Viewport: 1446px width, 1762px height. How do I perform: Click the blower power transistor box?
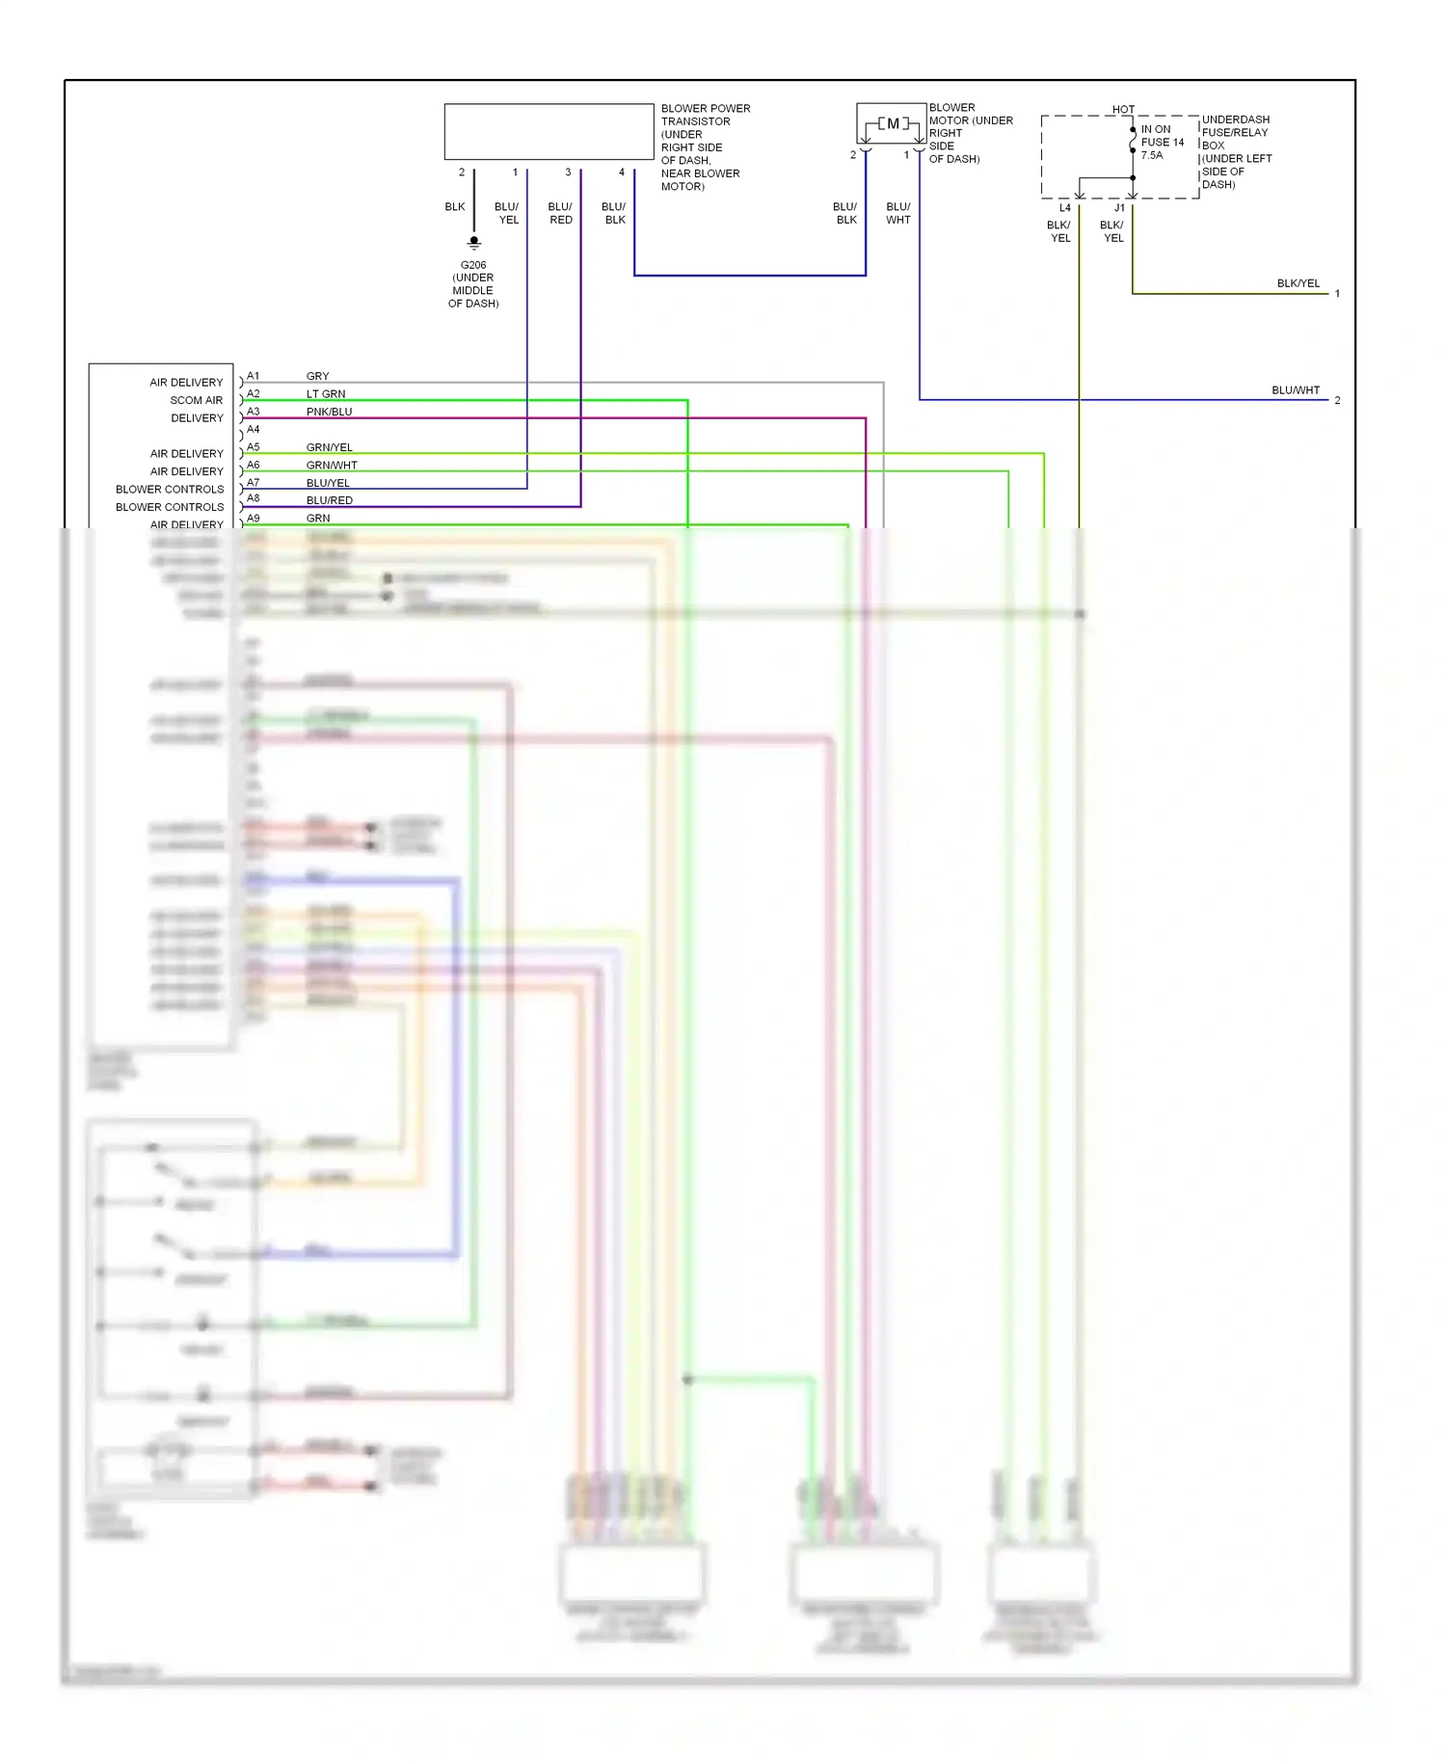pyautogui.click(x=549, y=131)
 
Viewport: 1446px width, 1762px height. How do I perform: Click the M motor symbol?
pyautogui.click(x=893, y=123)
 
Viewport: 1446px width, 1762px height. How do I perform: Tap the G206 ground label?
pyautogui.click(x=473, y=265)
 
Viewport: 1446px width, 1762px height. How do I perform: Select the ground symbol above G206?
pyautogui.click(x=473, y=242)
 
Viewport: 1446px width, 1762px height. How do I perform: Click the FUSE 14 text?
pyautogui.click(x=1163, y=142)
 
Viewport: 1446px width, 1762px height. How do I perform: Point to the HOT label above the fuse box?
pyautogui.click(x=1123, y=109)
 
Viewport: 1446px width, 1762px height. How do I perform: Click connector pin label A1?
pyautogui.click(x=253, y=376)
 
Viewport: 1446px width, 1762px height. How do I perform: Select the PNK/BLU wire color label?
pyautogui.click(x=329, y=412)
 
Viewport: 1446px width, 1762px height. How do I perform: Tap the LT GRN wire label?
pyautogui.click(x=326, y=393)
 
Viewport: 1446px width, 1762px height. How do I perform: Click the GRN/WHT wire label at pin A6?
pyautogui.click(x=332, y=465)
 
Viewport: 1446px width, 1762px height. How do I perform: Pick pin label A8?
pyautogui.click(x=253, y=498)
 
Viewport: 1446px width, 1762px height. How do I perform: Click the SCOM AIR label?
pyautogui.click(x=196, y=400)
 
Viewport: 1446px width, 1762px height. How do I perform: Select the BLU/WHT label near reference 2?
pyautogui.click(x=1295, y=390)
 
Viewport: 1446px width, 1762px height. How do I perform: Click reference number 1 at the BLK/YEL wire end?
pyautogui.click(x=1337, y=293)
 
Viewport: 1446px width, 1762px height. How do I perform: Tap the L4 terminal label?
pyautogui.click(x=1064, y=208)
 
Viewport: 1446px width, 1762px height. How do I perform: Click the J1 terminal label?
pyautogui.click(x=1119, y=208)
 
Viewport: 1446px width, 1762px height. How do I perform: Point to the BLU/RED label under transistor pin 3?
pyautogui.click(x=560, y=213)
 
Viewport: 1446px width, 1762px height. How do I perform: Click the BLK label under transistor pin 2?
pyautogui.click(x=455, y=206)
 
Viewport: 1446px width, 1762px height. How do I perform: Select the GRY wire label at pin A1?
pyautogui.click(x=317, y=376)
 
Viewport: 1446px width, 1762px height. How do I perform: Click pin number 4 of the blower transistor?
pyautogui.click(x=621, y=173)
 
